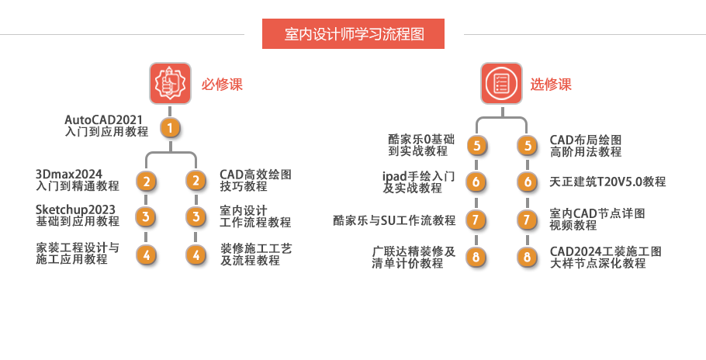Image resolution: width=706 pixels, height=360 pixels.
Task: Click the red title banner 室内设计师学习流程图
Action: point(354,34)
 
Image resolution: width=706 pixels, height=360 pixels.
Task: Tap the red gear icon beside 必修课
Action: point(169,83)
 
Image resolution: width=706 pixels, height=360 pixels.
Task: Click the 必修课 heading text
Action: point(223,85)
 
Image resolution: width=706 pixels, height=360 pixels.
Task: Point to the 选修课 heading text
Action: point(551,85)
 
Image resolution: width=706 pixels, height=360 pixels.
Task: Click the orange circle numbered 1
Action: point(170,127)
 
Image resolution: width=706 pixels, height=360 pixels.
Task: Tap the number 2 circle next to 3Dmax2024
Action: point(146,182)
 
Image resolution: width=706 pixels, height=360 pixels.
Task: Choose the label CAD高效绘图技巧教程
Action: point(255,181)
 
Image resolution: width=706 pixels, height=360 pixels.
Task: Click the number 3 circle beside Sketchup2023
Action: point(146,216)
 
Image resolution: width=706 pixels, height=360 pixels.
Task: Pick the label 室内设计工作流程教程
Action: point(255,216)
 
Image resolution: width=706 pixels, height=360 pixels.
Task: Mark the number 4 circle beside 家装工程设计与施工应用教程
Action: point(146,254)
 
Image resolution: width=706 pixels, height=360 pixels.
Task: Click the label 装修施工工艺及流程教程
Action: point(255,254)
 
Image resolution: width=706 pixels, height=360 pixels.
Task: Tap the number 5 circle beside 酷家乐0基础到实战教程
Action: point(476,145)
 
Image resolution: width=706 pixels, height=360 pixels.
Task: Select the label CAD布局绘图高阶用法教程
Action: point(586,145)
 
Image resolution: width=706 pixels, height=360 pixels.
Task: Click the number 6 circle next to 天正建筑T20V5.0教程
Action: point(528,182)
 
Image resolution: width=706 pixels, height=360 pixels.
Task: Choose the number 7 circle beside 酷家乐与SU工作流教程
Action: point(476,220)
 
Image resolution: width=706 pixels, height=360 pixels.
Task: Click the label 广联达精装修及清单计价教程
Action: point(413,257)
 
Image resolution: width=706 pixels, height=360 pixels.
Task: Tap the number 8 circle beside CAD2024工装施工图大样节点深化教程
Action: point(528,257)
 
